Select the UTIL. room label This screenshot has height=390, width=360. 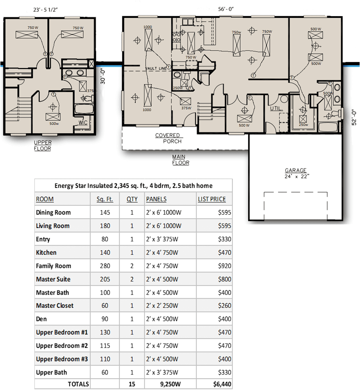point(277,109)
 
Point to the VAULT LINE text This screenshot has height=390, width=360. point(156,69)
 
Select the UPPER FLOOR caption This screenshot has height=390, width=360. point(43,145)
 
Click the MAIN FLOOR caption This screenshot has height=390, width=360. point(181,160)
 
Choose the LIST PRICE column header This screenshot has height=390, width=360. point(212,199)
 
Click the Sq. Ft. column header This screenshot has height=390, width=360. point(105,199)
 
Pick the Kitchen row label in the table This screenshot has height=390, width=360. point(46,252)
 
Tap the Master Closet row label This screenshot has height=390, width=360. point(55,306)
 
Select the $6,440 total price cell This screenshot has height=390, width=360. point(222,384)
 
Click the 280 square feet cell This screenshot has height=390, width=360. point(105,266)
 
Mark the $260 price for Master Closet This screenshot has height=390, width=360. point(224,306)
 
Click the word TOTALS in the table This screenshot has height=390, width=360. point(78,384)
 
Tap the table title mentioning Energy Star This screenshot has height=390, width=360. point(133,186)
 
